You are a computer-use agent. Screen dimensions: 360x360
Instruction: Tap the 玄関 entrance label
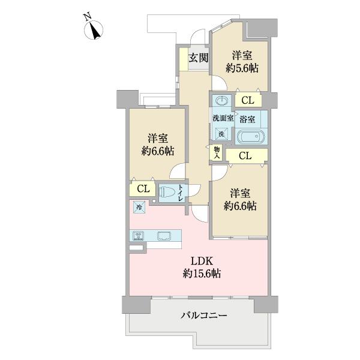click(198, 58)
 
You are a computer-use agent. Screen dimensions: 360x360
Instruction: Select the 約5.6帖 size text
click(242, 68)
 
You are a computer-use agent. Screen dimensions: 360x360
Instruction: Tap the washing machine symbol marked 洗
click(221, 134)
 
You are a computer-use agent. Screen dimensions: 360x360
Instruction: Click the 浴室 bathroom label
click(248, 119)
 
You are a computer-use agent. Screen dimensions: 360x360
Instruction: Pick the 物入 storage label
click(217, 152)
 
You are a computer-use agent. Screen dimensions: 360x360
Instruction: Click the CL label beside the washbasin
click(248, 100)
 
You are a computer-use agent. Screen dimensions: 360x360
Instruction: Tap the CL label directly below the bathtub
click(245, 156)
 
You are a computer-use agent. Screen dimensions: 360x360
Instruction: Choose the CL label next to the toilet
click(142, 190)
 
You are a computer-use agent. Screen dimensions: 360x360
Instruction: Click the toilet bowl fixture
click(168, 192)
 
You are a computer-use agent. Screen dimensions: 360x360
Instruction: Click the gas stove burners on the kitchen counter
click(137, 235)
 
